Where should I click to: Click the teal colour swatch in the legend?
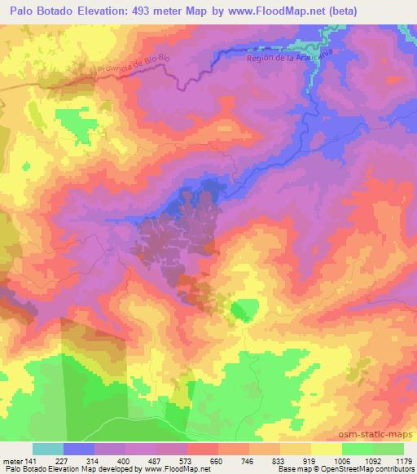click(x=48, y=449)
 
